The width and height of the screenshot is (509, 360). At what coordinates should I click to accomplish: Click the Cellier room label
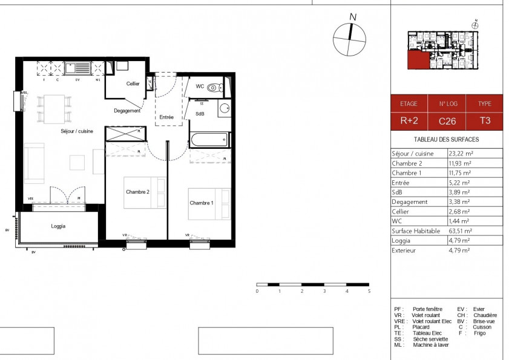click(133, 83)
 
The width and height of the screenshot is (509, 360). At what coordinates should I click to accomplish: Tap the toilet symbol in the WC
click(212, 88)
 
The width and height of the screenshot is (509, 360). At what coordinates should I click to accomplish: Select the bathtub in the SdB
click(209, 140)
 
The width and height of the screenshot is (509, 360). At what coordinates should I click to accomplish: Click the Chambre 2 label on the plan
click(137, 192)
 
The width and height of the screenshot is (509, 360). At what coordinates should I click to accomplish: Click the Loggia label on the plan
click(58, 226)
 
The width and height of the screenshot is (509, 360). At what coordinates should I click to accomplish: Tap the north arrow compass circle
click(349, 39)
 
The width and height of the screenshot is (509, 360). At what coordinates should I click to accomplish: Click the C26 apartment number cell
click(447, 121)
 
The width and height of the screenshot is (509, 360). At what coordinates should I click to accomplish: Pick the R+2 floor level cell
click(409, 121)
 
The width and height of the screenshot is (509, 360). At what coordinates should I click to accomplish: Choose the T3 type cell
click(485, 121)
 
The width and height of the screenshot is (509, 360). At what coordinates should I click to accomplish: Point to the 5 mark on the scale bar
click(369, 291)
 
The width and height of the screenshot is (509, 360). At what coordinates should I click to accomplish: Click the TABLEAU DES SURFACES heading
click(446, 139)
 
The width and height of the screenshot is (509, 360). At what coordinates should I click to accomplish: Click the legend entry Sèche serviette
click(430, 339)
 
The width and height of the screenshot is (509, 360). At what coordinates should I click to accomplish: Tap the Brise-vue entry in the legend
click(486, 321)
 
